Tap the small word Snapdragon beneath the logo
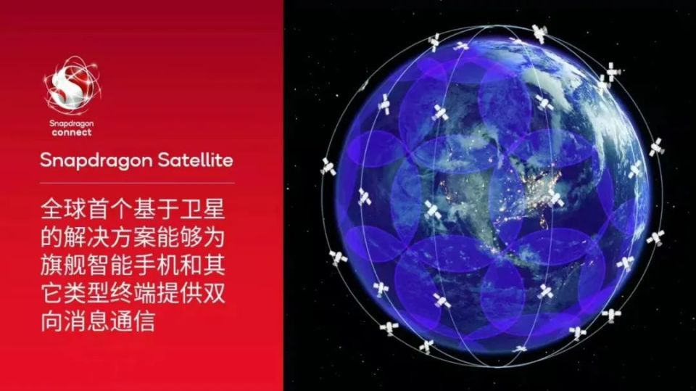(72, 125)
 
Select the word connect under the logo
(72, 133)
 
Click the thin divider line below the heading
(137, 183)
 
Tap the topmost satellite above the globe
(538, 33)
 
